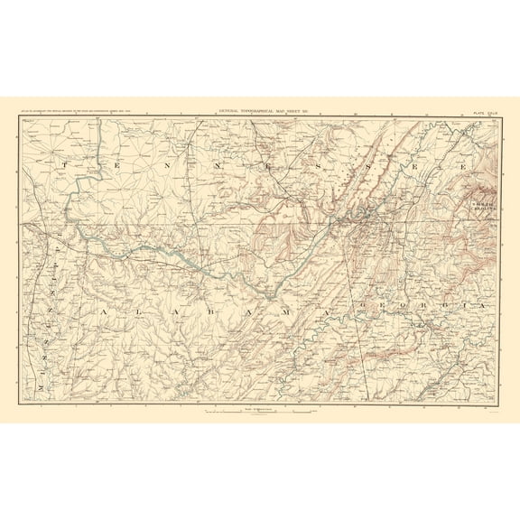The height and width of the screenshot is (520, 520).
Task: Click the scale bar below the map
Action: (x=259, y=412)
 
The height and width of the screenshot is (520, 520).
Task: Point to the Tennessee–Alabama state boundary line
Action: (x=181, y=221)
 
